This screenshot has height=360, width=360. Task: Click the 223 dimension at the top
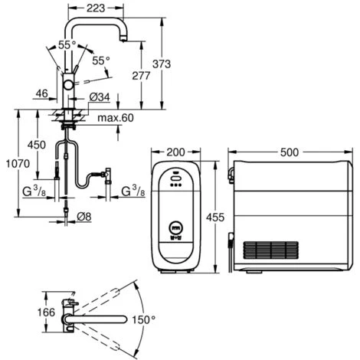96,8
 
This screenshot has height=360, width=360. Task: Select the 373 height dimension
162,64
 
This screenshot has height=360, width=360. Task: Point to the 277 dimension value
141,76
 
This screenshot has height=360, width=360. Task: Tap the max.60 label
116,118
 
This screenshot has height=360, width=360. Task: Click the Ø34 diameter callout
100,97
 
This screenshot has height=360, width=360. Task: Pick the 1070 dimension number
18,163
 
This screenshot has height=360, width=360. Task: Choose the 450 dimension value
37,145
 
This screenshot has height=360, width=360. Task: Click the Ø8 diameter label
84,217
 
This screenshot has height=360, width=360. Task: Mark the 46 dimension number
41,93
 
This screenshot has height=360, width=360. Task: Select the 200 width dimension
175,152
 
